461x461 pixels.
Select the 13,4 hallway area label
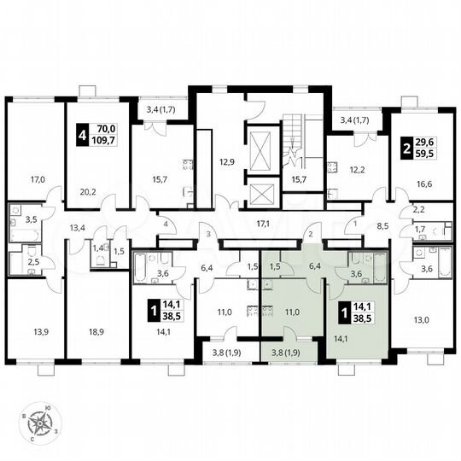click(x=78, y=227)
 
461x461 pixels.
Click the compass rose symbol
click(x=40, y=422)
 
